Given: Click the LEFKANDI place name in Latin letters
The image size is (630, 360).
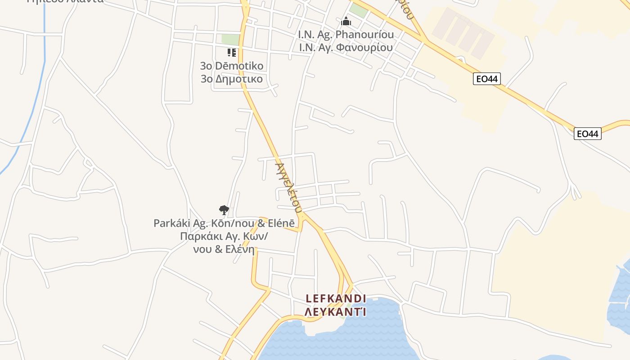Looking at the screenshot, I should pos(335,298).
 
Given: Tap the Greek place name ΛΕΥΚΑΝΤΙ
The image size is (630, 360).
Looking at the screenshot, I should pos(335,311).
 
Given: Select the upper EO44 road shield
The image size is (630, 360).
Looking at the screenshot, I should pos(487,79).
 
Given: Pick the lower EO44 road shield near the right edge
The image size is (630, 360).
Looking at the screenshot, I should pos(588,134).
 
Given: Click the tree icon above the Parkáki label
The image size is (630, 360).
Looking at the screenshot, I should pos(224,210).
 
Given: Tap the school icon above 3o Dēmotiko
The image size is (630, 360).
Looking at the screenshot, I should pos(232,53).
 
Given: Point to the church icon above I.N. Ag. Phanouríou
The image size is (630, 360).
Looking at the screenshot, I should pos(346,21).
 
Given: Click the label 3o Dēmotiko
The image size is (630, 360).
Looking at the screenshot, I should pos(232,66).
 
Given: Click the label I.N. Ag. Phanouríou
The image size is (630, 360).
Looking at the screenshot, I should pos(346,35).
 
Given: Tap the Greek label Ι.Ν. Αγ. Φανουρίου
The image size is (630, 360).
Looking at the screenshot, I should pos(346,47).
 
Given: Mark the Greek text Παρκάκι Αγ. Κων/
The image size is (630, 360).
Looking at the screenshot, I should pos(224,236).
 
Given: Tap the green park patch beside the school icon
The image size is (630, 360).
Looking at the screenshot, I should pos(230,40).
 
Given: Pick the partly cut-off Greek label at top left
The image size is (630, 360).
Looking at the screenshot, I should pos(65,1).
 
